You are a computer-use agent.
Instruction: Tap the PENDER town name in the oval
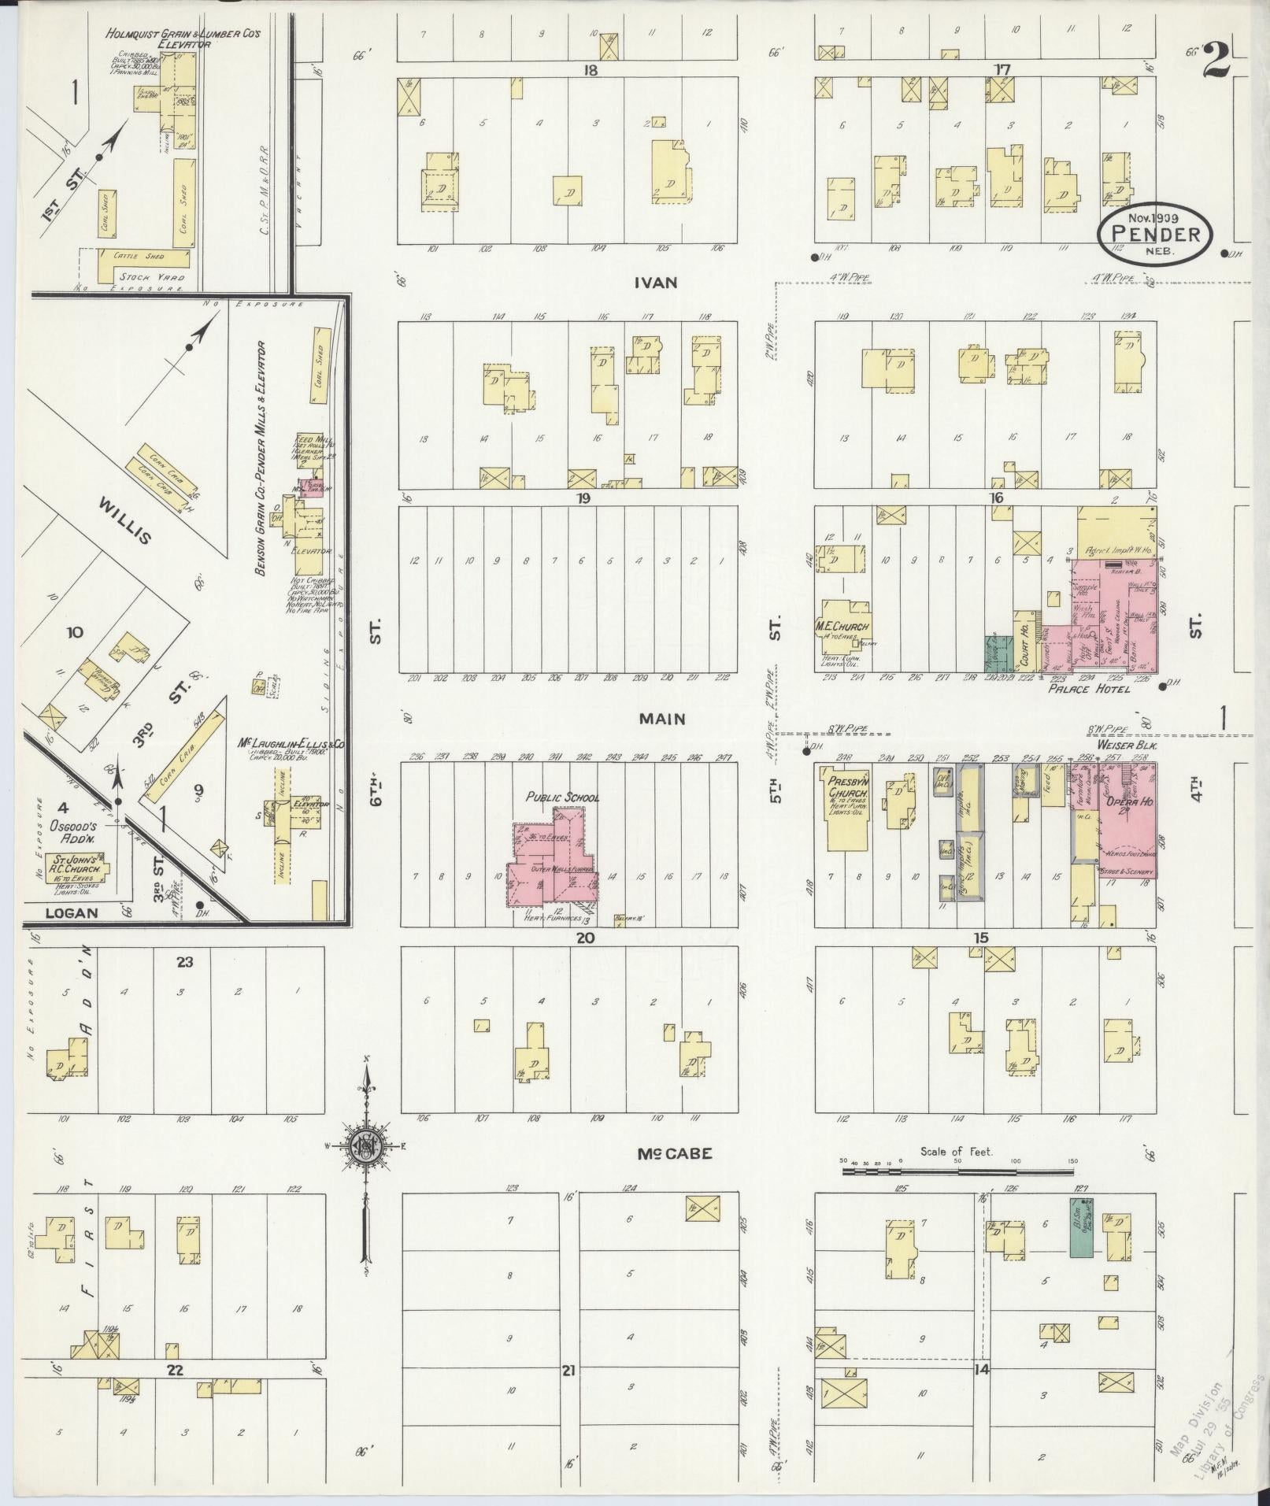(1156, 234)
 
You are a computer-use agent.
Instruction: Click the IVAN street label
(657, 283)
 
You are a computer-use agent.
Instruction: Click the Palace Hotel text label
(1088, 689)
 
